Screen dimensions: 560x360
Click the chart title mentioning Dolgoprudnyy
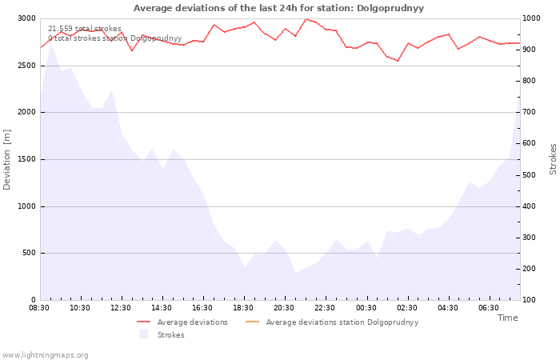278,8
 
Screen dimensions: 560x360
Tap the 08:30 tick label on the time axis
39,308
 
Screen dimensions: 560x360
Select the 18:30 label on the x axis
243,308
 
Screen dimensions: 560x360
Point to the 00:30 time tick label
366,308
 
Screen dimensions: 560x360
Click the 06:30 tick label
489,308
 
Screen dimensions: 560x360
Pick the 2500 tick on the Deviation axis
26,66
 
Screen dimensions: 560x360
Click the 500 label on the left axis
29,253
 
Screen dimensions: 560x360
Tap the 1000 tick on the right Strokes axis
531,18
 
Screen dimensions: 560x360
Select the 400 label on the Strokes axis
530,206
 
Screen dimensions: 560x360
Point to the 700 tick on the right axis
530,112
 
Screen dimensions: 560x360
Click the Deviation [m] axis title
6,160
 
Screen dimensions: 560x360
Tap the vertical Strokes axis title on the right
553,159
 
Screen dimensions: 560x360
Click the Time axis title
507,318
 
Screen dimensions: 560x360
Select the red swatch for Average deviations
143,322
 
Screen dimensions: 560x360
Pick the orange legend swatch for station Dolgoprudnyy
253,322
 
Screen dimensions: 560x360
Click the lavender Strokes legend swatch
143,334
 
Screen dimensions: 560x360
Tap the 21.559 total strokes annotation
85,29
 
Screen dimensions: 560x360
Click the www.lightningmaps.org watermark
45,355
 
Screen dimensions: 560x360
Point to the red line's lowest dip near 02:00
398,61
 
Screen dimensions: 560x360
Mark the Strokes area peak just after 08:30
50,43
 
